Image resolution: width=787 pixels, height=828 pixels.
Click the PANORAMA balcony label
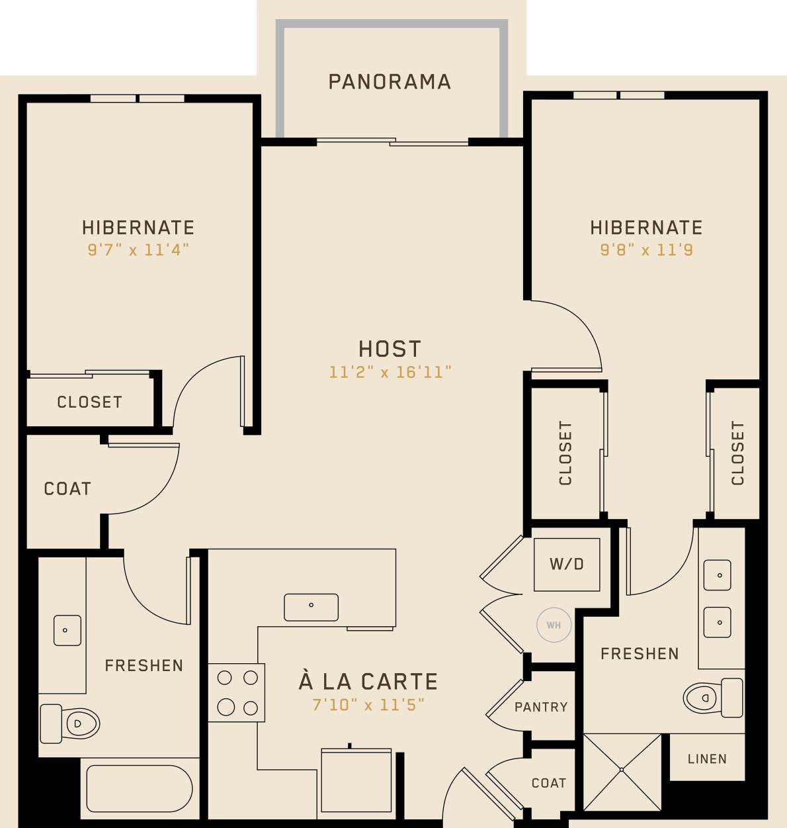[390, 81]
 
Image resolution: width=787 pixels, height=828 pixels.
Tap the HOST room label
[390, 349]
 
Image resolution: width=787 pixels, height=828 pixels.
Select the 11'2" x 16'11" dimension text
[390, 372]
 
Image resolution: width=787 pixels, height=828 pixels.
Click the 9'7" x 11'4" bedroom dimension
[138, 250]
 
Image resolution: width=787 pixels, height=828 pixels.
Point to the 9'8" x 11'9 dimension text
[646, 250]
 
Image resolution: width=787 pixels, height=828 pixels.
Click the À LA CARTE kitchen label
[368, 681]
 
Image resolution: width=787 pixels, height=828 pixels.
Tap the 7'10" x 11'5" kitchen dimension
[368, 705]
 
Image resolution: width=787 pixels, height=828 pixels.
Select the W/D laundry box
[567, 565]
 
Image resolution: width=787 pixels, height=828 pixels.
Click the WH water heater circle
[554, 625]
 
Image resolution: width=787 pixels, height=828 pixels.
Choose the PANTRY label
[541, 707]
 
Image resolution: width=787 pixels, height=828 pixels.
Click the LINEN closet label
[707, 759]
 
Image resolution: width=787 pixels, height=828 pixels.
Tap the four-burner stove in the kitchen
[237, 692]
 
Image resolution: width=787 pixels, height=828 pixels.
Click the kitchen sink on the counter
[311, 607]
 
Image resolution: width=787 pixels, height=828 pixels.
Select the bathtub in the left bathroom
[139, 788]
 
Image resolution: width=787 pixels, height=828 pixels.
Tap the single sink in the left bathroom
[67, 630]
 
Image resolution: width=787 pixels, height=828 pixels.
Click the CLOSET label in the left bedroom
[89, 402]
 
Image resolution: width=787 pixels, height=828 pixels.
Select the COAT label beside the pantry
[549, 783]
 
